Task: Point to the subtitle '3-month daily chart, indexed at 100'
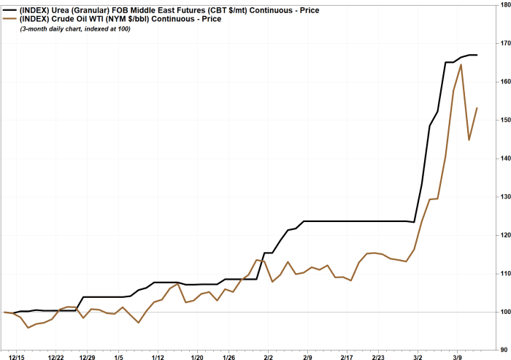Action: coord(77,28)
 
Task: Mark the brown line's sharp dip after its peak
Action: coord(469,139)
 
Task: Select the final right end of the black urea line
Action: coord(477,55)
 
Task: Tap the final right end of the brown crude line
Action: coord(477,108)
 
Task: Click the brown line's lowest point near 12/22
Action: coord(28,327)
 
